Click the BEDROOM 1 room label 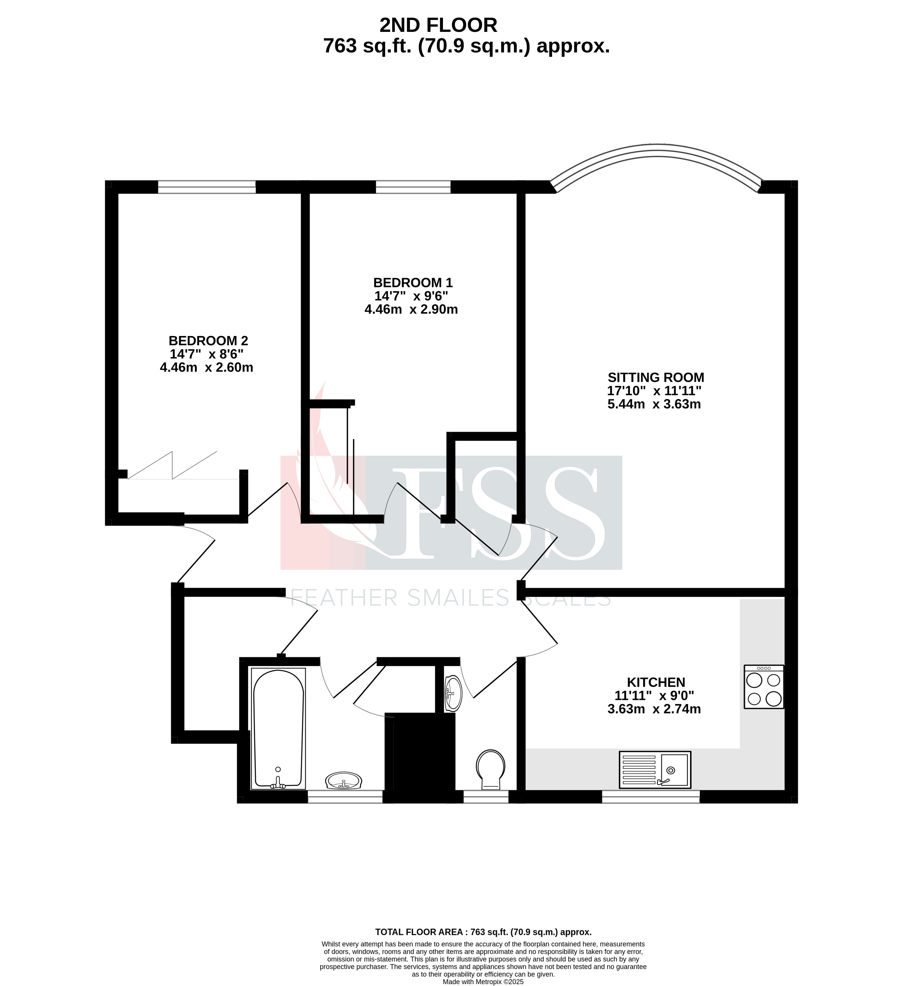click(x=413, y=283)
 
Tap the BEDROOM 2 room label click(x=208, y=341)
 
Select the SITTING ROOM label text click(x=656, y=378)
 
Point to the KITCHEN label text click(x=656, y=682)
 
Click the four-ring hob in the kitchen click(x=764, y=687)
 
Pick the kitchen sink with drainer click(x=654, y=770)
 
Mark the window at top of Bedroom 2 click(x=207, y=187)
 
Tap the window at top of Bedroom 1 click(x=413, y=187)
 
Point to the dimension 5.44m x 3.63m click(x=654, y=404)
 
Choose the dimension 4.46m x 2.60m click(x=207, y=367)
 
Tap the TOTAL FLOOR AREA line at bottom click(x=483, y=932)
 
